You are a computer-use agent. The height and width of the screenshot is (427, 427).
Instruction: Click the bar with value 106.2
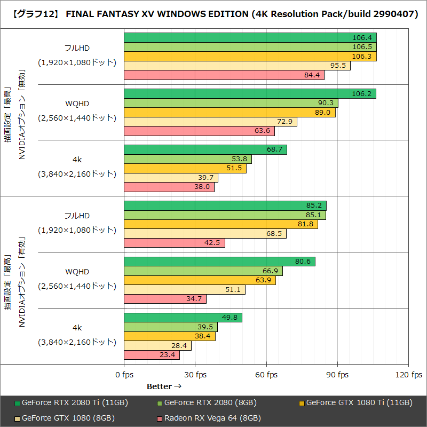pos(250,94)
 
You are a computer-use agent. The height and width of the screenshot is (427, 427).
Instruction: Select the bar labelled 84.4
pos(224,75)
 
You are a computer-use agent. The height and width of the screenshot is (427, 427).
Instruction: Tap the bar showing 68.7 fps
pos(205,150)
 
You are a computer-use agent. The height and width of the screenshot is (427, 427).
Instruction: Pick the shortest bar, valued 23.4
pos(152,355)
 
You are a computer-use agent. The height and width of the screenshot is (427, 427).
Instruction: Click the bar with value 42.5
pos(175,243)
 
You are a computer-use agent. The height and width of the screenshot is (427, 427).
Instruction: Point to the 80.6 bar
pos(219,262)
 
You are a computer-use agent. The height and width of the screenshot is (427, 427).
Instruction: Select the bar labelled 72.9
pos(210,122)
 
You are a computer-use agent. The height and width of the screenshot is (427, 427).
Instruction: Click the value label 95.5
pos(338,66)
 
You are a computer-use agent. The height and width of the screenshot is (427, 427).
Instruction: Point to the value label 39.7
pos(205,178)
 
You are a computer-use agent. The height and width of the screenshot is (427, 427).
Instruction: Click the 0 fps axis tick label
pos(124,375)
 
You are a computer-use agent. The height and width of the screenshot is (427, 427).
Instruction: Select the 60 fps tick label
pos(266,375)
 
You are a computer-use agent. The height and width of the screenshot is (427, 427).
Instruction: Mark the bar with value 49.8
pos(183,318)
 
